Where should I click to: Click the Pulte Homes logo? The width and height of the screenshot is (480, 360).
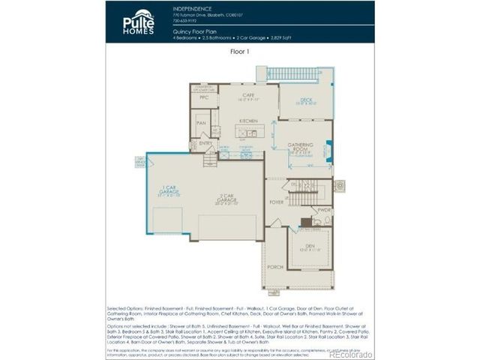coord(139,22)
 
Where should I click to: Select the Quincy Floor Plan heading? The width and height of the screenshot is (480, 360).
coord(190,32)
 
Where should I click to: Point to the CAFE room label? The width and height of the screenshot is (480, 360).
coord(248,95)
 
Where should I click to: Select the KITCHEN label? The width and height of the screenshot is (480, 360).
coord(248,121)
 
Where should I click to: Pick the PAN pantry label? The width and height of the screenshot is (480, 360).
coord(201,123)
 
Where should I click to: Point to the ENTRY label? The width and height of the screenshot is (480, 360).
coord(205,142)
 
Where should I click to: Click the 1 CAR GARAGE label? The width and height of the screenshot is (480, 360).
coord(167,190)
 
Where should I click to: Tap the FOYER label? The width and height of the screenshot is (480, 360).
coord(277,202)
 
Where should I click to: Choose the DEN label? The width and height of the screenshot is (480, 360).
coord(309,247)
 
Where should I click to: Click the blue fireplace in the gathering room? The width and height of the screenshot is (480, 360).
coord(329,150)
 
